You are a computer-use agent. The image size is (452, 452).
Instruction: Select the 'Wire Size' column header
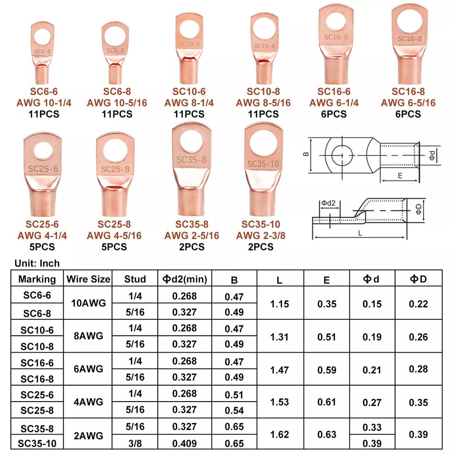click(89, 279)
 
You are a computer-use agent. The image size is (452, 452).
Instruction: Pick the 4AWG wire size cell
click(89, 402)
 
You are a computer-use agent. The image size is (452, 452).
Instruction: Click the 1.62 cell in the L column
click(280, 434)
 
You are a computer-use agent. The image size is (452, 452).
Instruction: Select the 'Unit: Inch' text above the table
click(37, 264)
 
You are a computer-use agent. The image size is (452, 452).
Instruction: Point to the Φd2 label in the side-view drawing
click(328, 203)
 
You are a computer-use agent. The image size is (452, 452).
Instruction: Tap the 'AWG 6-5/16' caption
click(408, 103)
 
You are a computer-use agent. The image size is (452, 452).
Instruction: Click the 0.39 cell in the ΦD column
click(418, 434)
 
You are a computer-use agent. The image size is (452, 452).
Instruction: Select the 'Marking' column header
click(37, 279)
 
